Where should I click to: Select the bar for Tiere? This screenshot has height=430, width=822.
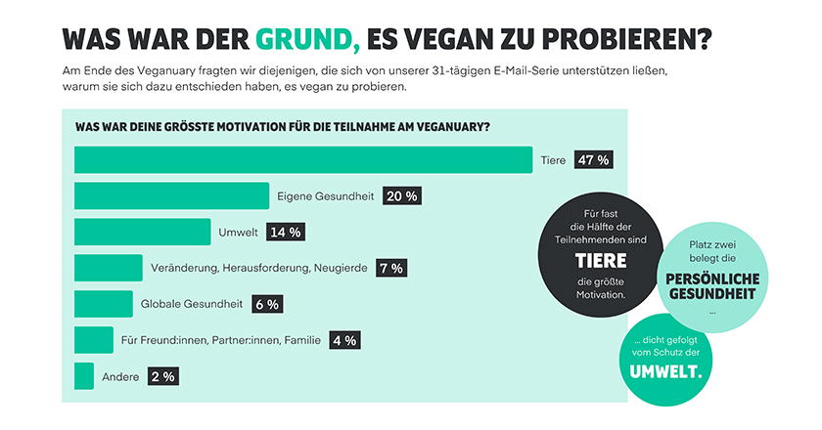pos(303,159)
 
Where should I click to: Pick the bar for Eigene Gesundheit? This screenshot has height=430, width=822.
pos(171,195)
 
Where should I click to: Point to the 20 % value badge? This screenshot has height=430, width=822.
pos(402,196)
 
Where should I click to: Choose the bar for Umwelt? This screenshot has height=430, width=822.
pos(142,232)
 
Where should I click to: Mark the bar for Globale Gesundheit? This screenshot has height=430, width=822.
pos(103,304)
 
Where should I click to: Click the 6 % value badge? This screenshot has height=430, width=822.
pos(266,304)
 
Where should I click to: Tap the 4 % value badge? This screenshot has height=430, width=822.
pos(344,340)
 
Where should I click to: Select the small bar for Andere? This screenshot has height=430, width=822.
pos(84,375)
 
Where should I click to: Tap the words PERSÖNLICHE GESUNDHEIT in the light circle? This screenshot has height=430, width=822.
pos(711,286)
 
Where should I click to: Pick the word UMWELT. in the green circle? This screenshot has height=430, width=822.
pos(664,370)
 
